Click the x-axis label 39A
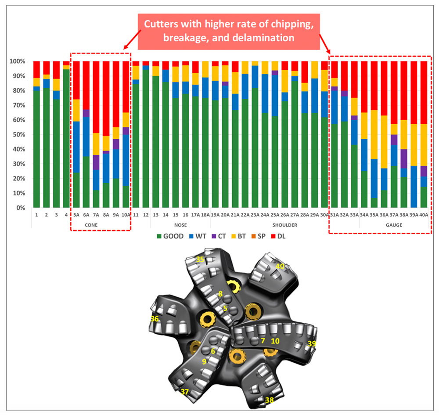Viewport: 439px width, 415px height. click(414, 215)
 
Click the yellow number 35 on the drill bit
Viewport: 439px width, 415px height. click(200, 260)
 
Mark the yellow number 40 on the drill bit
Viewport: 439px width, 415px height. click(280, 266)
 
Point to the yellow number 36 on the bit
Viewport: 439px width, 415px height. click(155, 319)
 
